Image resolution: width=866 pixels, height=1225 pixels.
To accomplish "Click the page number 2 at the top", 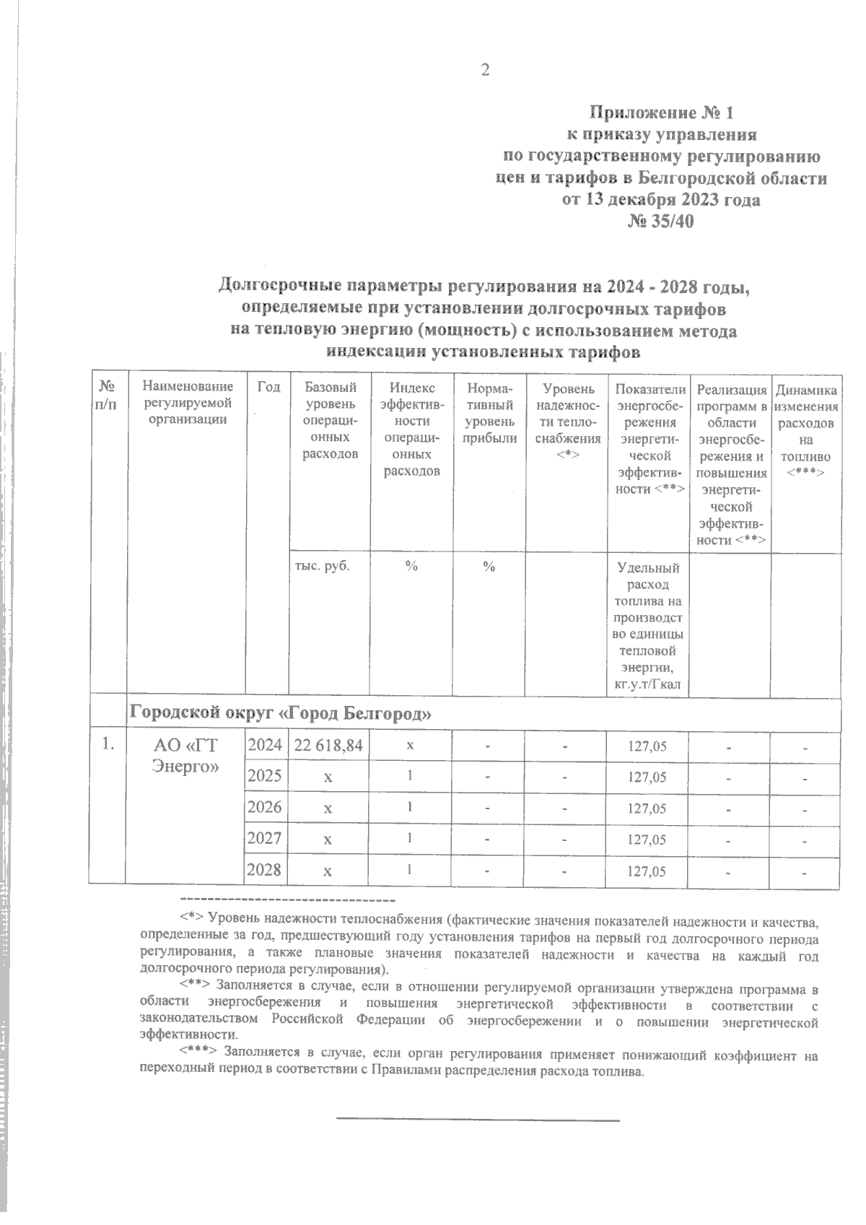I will pos(485,71).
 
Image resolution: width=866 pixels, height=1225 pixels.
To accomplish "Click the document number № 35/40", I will pos(661,222).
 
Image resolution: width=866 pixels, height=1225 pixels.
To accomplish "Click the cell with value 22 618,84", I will pos(329,746).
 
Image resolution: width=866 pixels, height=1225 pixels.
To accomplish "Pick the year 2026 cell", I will pos(264,807).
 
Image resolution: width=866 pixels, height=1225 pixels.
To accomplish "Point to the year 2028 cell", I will pos(264,870).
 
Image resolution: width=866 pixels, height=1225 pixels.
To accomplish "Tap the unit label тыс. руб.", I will pos(323,566).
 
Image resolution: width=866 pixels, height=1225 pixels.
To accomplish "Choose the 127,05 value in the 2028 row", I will pos(647,871).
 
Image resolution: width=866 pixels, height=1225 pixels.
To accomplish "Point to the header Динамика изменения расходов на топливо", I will pos(806,430).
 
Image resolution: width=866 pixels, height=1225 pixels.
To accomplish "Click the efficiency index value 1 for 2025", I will pos(410,776).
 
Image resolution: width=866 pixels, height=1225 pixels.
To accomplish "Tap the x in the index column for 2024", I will pos(409,746).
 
